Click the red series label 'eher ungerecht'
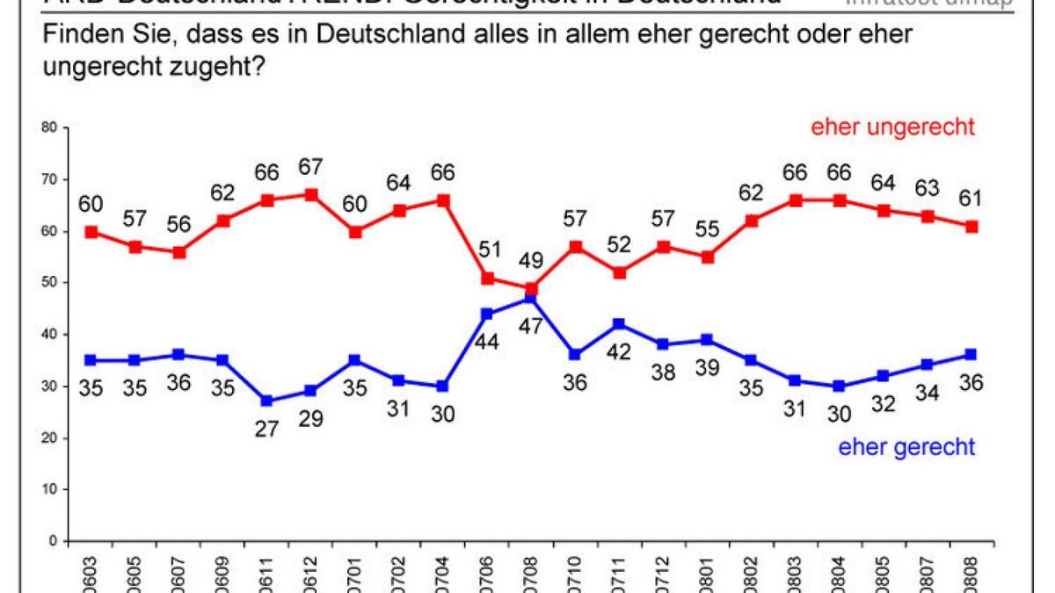[x=892, y=127]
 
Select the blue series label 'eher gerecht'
[x=906, y=447]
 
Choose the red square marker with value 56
[x=179, y=252]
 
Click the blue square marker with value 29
[x=311, y=391]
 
